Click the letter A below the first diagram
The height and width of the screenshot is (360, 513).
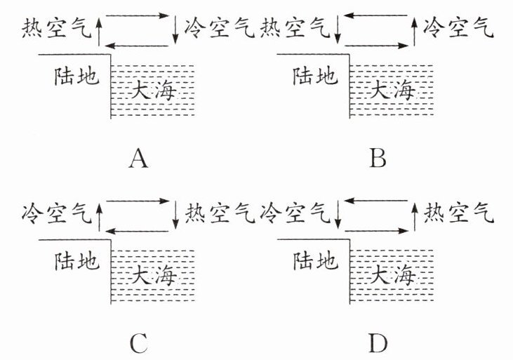click(x=139, y=161)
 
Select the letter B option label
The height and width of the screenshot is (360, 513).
click(x=378, y=161)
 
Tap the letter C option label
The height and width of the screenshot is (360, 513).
click(x=138, y=343)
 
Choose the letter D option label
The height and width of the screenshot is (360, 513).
click(x=378, y=343)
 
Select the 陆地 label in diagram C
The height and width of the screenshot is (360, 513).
click(x=72, y=262)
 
